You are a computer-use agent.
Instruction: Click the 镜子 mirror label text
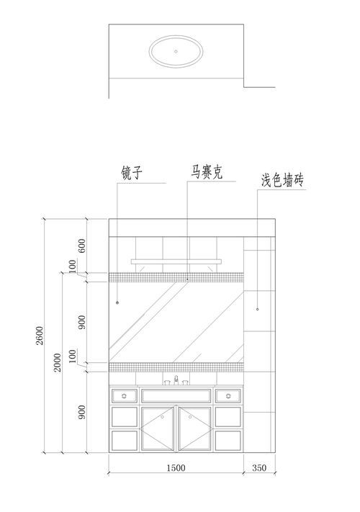click(132, 172)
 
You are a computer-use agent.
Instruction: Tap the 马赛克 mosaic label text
click(207, 171)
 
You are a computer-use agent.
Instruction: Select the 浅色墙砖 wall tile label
click(282, 180)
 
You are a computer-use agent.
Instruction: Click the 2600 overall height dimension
click(40, 336)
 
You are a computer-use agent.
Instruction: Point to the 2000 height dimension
click(58, 362)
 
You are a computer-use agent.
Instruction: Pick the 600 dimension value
click(82, 246)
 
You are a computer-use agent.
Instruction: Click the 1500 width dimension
click(176, 468)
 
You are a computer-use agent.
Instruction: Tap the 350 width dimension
click(259, 468)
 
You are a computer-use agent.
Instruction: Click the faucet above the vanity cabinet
click(176, 380)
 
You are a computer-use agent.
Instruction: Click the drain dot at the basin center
click(176, 51)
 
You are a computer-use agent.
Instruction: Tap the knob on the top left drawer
click(124, 396)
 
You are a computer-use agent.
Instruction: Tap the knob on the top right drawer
click(228, 396)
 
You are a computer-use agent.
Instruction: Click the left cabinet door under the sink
click(157, 428)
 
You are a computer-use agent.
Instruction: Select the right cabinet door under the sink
click(195, 428)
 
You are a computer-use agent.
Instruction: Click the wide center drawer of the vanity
click(176, 396)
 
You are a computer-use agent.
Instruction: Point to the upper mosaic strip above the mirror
click(176, 277)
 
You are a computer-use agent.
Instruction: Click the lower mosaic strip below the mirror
click(176, 367)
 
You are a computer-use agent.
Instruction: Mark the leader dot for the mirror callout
click(117, 302)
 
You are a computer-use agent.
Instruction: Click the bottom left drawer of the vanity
click(125, 441)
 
